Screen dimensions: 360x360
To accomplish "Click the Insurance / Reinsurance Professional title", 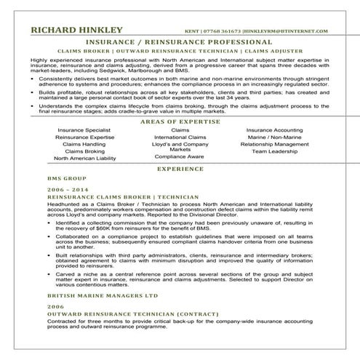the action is point(180,42).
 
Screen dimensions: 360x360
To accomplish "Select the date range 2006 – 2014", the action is point(61,189).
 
